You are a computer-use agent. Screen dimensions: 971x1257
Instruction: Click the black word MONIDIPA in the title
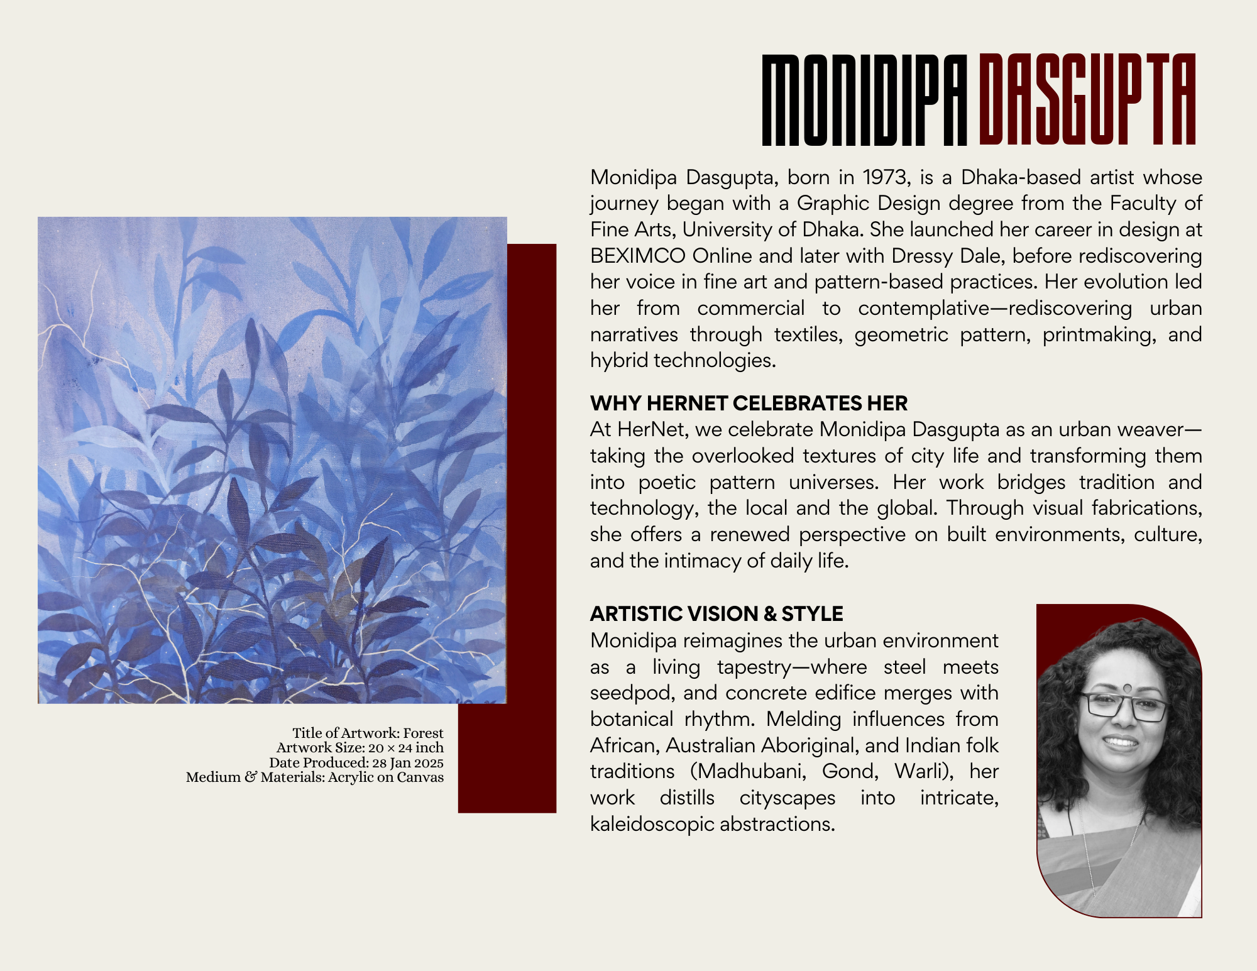point(864,101)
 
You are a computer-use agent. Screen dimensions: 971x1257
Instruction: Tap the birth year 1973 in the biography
point(886,177)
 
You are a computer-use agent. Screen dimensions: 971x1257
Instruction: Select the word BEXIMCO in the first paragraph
point(637,256)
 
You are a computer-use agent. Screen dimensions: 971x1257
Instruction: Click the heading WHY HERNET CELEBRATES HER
point(749,403)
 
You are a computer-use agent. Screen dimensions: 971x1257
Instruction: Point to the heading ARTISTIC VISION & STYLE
point(716,613)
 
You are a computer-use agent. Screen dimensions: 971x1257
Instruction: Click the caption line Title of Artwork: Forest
point(368,733)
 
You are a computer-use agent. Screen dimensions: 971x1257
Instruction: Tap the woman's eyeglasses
point(1123,706)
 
